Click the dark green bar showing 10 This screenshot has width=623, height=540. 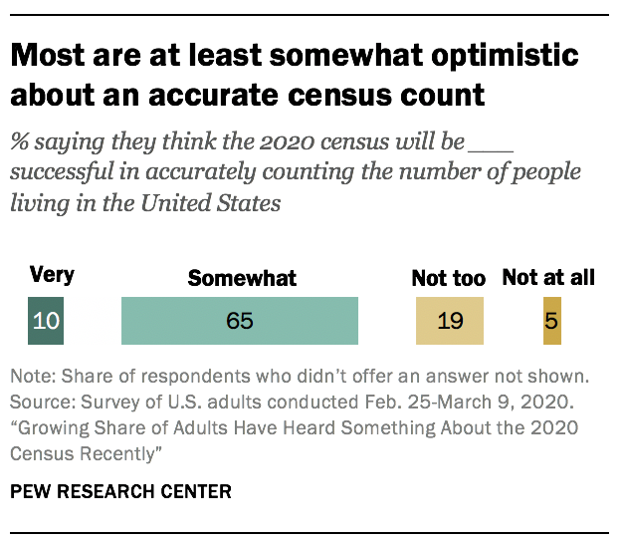click(x=46, y=321)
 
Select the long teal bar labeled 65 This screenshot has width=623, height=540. click(x=239, y=321)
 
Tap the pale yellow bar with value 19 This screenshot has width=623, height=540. click(x=449, y=321)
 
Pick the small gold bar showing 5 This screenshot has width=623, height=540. click(x=551, y=321)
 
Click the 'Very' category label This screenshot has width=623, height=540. click(x=52, y=276)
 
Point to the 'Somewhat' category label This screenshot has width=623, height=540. click(x=242, y=278)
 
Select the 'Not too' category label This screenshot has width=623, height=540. click(x=448, y=278)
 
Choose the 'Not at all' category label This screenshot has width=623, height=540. click(x=548, y=278)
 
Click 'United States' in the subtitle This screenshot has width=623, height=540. click(x=221, y=202)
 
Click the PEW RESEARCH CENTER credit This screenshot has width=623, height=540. click(x=120, y=491)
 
